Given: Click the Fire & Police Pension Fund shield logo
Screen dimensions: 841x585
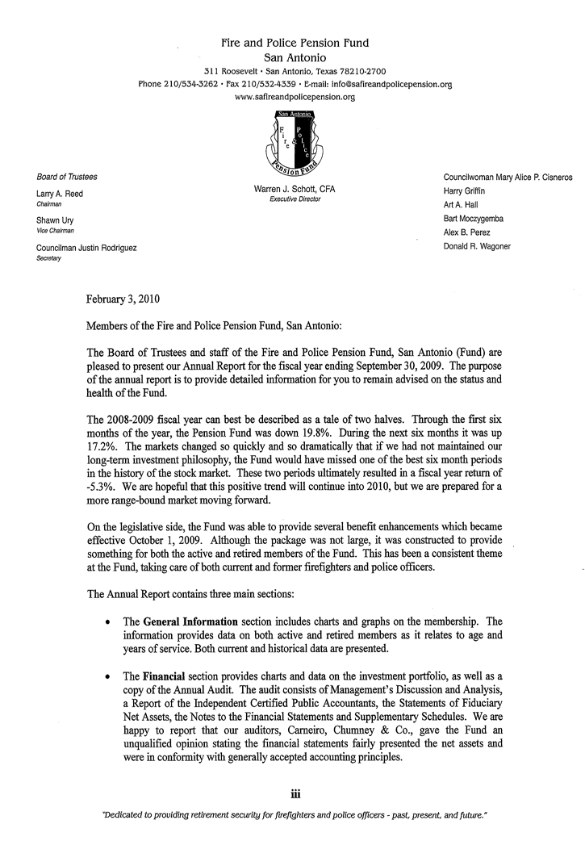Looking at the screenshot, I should (x=294, y=142).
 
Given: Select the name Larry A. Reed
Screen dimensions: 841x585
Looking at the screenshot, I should (x=60, y=194).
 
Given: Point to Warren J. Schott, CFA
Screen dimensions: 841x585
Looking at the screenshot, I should (x=295, y=189).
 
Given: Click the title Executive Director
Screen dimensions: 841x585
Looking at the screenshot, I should (x=295, y=199).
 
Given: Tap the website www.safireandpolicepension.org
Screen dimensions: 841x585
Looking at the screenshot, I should (x=295, y=96).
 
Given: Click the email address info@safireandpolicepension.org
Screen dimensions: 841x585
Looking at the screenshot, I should (x=394, y=84).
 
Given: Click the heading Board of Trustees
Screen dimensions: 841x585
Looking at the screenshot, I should (x=67, y=177).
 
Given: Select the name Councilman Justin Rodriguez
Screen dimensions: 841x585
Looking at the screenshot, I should (x=86, y=248).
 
